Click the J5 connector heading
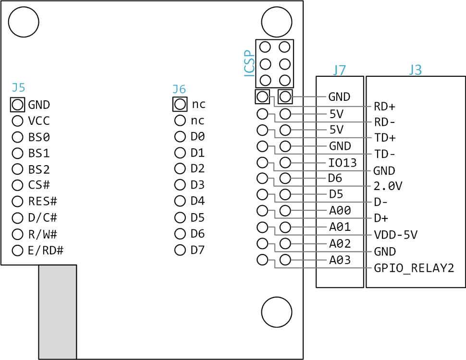click(x=18, y=87)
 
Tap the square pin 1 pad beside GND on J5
click(x=17, y=104)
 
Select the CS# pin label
click(x=39, y=185)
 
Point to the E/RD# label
click(x=46, y=251)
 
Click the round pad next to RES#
click(x=17, y=201)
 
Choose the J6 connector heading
click(x=179, y=89)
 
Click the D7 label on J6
click(x=197, y=250)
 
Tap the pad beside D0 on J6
click(x=180, y=136)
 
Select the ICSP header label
click(x=249, y=63)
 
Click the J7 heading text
click(x=339, y=70)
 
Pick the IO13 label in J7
click(x=343, y=163)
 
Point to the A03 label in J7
click(x=340, y=260)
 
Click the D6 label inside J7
click(x=335, y=179)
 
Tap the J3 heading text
click(x=415, y=70)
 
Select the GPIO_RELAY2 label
click(x=414, y=268)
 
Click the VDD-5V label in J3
click(x=395, y=235)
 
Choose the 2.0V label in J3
click(x=388, y=186)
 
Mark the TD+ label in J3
click(x=385, y=138)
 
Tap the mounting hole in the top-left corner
click(x=24, y=22)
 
